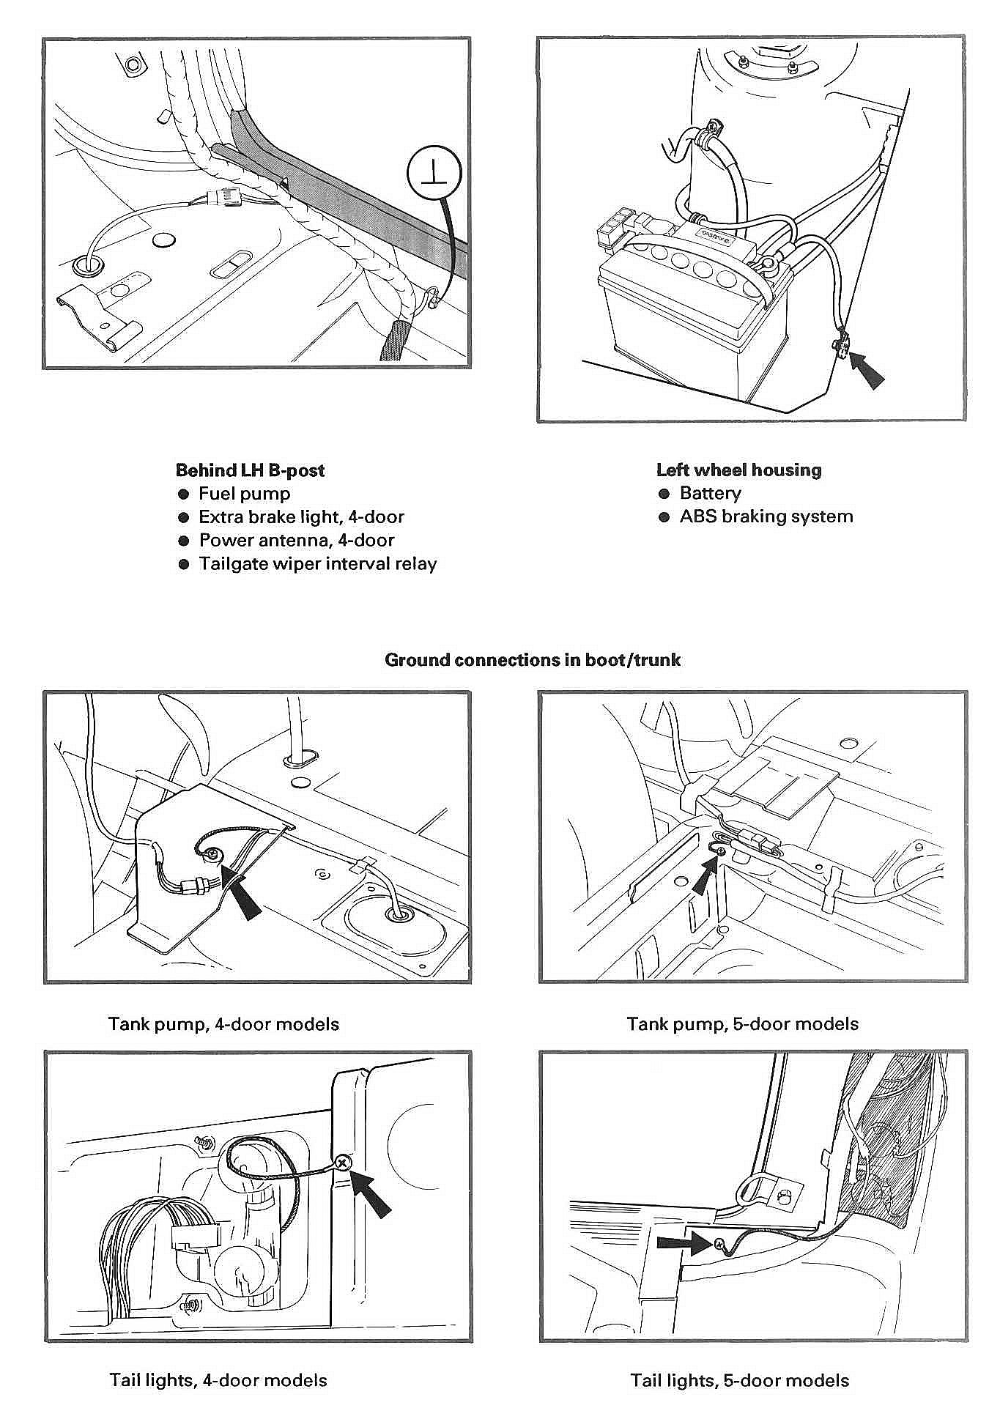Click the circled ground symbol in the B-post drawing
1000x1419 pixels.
(x=434, y=172)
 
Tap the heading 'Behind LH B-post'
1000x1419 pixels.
(x=250, y=470)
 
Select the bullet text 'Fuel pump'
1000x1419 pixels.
(x=244, y=494)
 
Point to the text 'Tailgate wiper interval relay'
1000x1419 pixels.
(x=318, y=564)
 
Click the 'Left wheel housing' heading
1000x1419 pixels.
(x=738, y=470)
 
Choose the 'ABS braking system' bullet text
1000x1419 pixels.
(x=766, y=516)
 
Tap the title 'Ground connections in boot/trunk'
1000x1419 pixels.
(x=533, y=660)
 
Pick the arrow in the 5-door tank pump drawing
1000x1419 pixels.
(x=704, y=875)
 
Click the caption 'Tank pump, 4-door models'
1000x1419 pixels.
(x=223, y=1023)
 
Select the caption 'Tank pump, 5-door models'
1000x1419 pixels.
(x=742, y=1023)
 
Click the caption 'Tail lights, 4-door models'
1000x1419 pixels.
(x=218, y=1380)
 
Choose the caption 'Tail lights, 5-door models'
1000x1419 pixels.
(x=739, y=1381)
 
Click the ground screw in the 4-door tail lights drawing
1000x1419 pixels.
(x=342, y=1163)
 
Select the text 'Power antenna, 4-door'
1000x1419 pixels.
(x=297, y=541)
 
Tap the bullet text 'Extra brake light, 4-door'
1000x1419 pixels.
(x=301, y=517)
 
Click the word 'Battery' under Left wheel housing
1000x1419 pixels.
(x=710, y=493)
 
